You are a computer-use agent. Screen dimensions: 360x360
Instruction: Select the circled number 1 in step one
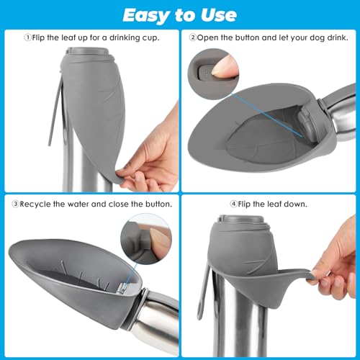click(x=28, y=37)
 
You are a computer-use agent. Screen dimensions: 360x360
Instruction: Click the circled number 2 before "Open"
click(x=193, y=37)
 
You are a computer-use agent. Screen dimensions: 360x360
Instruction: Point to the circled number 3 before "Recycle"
click(x=15, y=204)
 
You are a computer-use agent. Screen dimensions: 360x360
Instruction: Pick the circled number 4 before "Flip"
click(x=234, y=204)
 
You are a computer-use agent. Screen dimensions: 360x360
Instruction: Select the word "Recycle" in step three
click(x=35, y=204)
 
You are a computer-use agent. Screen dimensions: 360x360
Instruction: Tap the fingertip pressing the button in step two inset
click(x=225, y=66)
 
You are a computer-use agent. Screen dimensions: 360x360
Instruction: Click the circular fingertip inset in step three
click(x=146, y=239)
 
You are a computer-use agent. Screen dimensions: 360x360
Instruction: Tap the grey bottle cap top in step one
click(x=88, y=52)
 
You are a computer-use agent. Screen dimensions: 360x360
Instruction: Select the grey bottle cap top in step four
click(x=241, y=219)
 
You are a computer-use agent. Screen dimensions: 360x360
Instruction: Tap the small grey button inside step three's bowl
click(x=123, y=287)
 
